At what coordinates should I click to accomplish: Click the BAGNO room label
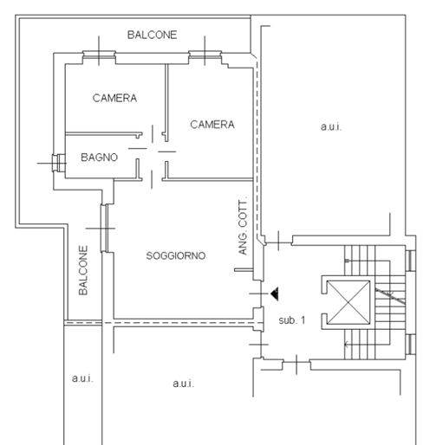pos(99,158)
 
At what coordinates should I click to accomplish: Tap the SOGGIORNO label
pos(176,255)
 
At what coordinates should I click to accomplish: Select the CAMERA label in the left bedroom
pos(114,98)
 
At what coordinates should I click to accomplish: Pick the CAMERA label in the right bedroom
pos(212,125)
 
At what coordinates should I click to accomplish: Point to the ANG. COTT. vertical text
pos(243,225)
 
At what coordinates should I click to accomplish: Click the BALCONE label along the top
pos(152,35)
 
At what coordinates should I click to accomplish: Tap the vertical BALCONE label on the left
pos(83,270)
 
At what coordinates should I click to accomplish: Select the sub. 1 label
pos(292,320)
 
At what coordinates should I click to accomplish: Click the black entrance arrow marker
pos(275,293)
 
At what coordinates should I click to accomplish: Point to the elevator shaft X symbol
pos(349,302)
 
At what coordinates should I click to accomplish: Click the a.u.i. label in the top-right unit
pos(331,126)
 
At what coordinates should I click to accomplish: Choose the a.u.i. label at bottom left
pos(82,378)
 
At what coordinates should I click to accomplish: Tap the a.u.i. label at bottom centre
pos(184,384)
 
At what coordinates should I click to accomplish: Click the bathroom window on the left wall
pos(59,163)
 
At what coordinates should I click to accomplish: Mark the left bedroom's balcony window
pos(99,55)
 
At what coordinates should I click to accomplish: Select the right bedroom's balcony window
pos(205,55)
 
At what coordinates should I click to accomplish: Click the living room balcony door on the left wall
pos(105,228)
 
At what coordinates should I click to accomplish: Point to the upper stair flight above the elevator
pos(360,260)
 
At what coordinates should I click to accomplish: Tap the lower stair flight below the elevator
pos(360,345)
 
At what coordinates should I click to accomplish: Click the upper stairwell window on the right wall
pos(410,261)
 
